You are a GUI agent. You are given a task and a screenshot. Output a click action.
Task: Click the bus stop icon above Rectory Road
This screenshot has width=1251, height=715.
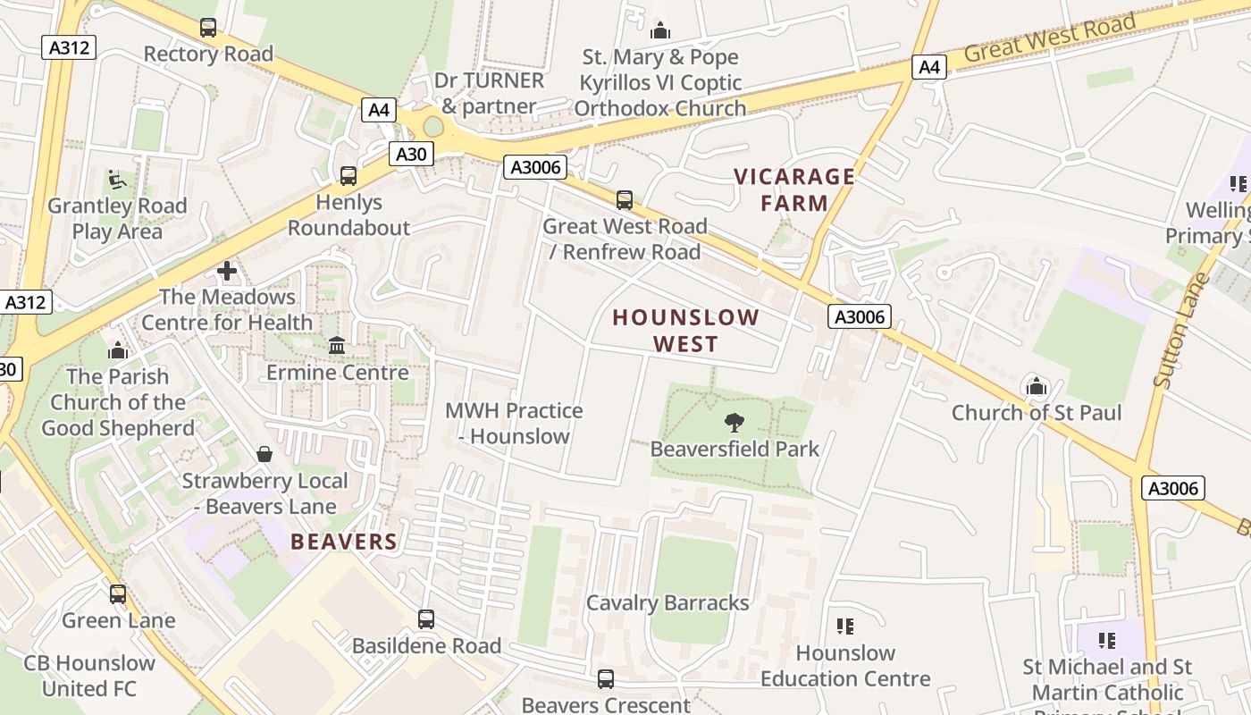[208, 28]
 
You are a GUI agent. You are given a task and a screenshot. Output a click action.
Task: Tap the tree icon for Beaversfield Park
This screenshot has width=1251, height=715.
[735, 422]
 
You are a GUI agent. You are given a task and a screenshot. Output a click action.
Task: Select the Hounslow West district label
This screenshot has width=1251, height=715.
[685, 330]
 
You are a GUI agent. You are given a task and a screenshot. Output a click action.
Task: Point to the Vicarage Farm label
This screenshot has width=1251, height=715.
[794, 189]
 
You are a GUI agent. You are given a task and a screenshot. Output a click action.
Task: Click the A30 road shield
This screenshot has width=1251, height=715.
[411, 154]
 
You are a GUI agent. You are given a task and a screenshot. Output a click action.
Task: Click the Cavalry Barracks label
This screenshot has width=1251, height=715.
[667, 602]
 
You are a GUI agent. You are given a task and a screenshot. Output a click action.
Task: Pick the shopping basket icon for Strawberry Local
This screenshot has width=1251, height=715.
[264, 454]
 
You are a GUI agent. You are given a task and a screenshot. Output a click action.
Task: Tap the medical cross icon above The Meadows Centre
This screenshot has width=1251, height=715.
[227, 270]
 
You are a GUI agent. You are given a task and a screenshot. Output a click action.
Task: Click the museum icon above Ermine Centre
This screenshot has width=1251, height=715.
[337, 345]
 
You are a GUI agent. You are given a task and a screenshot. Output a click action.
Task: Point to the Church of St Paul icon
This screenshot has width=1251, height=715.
[1036, 386]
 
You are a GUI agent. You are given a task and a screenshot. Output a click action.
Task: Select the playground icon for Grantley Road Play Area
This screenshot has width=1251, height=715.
[117, 180]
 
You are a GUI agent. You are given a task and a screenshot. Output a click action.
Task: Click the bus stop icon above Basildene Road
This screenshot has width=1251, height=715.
[426, 618]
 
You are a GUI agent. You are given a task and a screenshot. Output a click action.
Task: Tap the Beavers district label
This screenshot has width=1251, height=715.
[344, 542]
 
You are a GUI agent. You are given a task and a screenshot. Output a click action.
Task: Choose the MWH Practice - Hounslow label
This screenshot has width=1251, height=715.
[514, 424]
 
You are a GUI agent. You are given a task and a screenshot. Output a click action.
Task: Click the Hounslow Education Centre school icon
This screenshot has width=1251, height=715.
[844, 627]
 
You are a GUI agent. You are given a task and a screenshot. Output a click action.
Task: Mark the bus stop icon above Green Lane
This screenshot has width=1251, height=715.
[118, 593]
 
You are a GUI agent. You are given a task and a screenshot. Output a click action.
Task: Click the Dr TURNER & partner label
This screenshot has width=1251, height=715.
[489, 93]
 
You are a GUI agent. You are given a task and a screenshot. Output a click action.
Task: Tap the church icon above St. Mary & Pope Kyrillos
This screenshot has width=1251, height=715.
[660, 30]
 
